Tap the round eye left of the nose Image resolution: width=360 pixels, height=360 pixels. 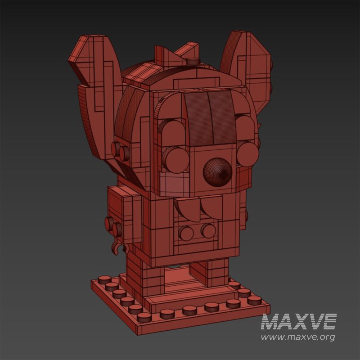176,158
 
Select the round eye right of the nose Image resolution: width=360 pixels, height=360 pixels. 247,153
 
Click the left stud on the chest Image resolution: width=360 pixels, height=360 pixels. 186,233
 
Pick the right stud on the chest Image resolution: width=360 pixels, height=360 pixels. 208,231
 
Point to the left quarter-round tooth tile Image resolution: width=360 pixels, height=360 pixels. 186,208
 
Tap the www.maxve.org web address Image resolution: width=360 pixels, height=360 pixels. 298,337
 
